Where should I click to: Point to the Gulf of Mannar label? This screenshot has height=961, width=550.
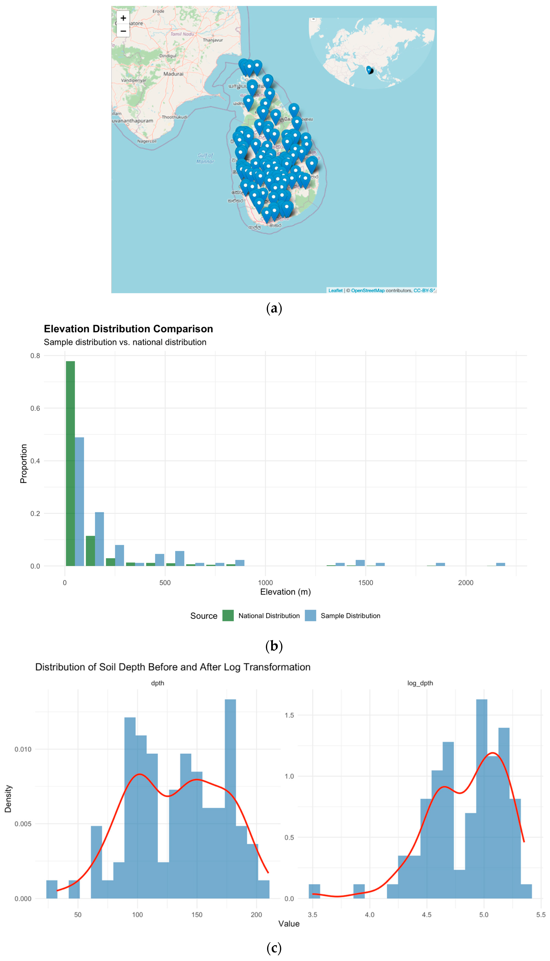tap(205, 158)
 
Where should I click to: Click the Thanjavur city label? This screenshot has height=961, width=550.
tap(213, 40)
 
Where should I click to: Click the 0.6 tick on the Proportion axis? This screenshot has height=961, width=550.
tap(35, 408)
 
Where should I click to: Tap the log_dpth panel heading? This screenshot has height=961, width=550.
tap(420, 683)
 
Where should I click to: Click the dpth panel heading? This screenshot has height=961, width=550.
tap(158, 683)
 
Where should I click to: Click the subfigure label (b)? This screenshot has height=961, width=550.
tap(274, 646)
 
